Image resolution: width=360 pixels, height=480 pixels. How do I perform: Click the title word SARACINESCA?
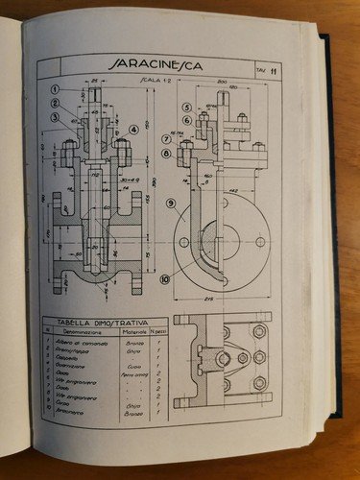[x=153, y=67]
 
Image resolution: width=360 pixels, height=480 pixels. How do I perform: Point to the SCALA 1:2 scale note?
[x=153, y=81]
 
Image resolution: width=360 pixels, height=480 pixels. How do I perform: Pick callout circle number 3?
[x=56, y=119]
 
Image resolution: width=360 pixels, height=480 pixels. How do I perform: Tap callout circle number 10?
[x=165, y=279]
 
